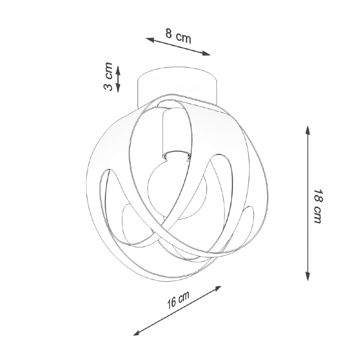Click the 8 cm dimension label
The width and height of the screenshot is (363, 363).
point(178,36)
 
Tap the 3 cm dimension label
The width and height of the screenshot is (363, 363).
point(108,77)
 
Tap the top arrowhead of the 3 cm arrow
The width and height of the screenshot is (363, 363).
point(118,69)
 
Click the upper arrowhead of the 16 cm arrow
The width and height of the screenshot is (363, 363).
point(217,288)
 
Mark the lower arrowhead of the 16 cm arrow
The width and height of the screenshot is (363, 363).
point(138,333)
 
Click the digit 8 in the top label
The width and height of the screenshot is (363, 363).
point(169,33)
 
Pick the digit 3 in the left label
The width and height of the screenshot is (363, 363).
point(108,86)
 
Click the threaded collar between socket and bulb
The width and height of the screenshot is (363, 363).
point(177,156)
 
